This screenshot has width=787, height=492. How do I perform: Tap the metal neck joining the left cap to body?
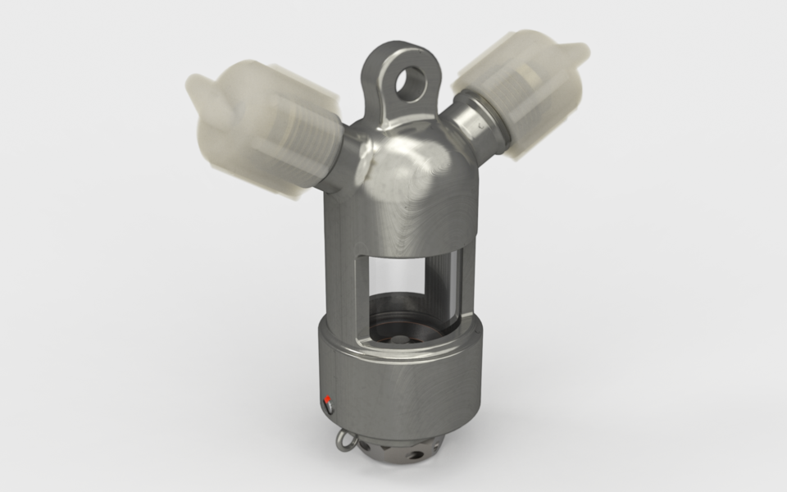348,164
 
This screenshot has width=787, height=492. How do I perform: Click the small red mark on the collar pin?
329,401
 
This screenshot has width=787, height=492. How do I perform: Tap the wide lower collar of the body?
393,377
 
